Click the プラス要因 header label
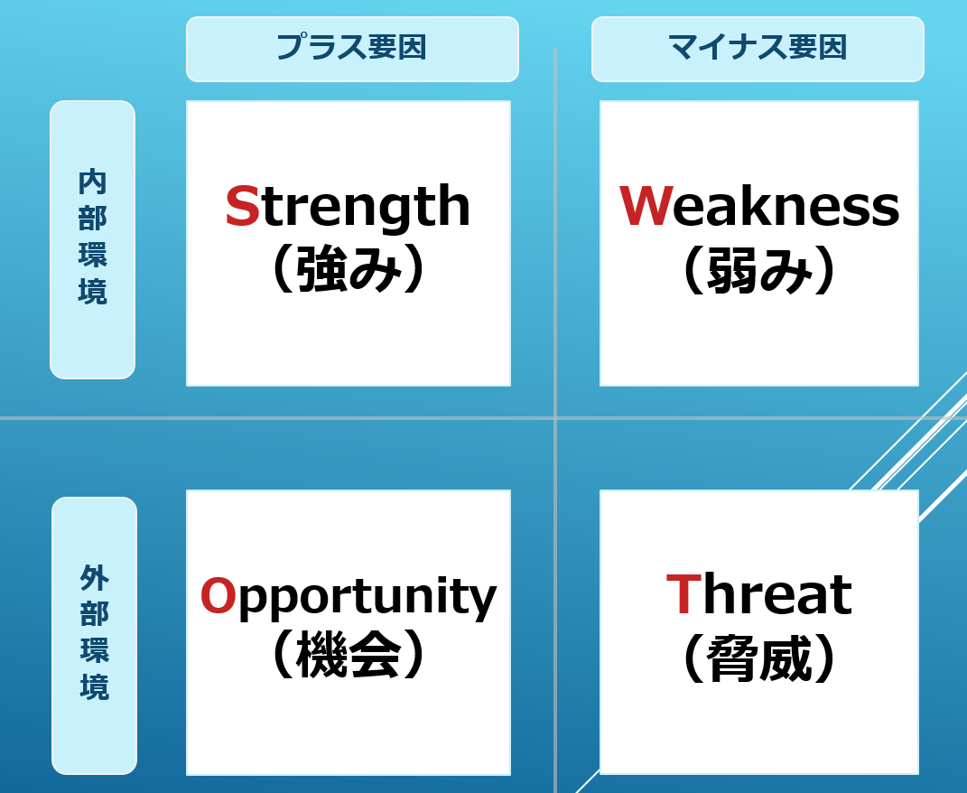352,49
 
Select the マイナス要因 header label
758,49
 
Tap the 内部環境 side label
92,239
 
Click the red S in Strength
242,206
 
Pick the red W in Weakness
645,206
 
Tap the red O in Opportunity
219,595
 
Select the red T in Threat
683,593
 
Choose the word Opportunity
349,597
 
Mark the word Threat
759,593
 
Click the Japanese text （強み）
349,269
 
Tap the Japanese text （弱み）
759,269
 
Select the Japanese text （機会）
349,655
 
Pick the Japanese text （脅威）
759,658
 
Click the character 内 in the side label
92,182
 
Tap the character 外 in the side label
95,578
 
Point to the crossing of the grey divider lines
555,418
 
